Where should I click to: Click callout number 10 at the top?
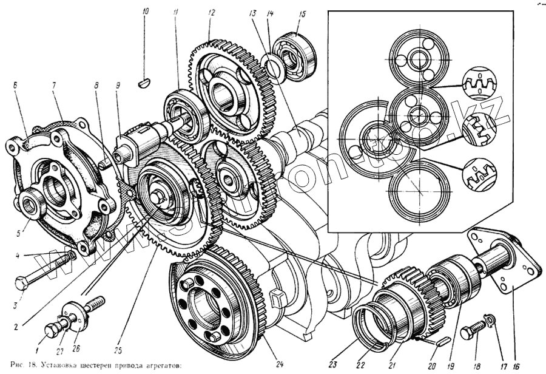pos(145,12)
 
